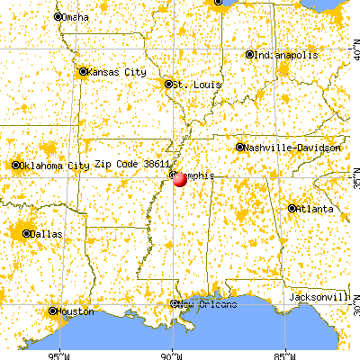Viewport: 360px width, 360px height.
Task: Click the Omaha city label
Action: [76, 17]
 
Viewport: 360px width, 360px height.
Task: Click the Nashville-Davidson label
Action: [280, 147]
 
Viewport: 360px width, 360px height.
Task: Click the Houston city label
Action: [74, 311]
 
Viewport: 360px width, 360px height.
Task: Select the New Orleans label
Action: [208, 304]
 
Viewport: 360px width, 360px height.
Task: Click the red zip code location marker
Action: [180, 178]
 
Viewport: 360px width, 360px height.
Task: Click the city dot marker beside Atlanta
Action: [292, 209]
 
